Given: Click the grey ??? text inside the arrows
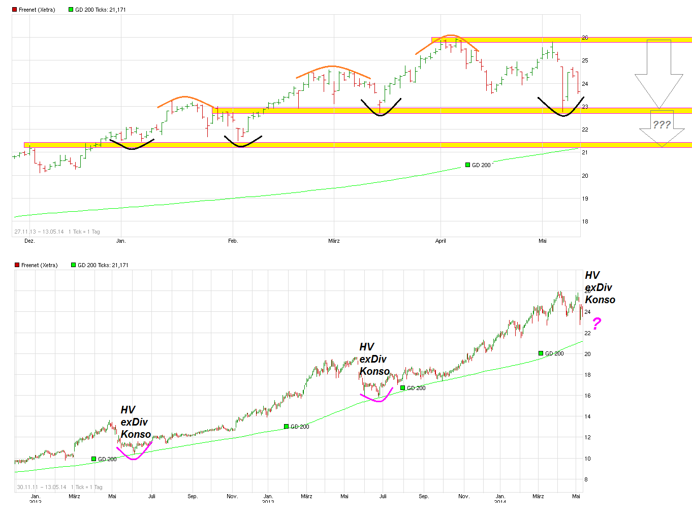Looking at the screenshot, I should pyautogui.click(x=662, y=125).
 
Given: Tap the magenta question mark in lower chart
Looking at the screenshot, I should pyautogui.click(x=597, y=323).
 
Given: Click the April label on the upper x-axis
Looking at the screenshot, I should pyautogui.click(x=441, y=241).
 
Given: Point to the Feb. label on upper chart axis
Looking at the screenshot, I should pyautogui.click(x=233, y=241).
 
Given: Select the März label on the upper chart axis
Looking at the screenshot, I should pyautogui.click(x=334, y=241).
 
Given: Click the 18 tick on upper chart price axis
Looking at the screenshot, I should pyautogui.click(x=585, y=221).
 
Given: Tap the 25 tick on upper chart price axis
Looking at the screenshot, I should pyautogui.click(x=585, y=60).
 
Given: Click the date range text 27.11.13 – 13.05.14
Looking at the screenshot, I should pyautogui.click(x=39, y=232).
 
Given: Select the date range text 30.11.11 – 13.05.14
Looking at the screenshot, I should pyautogui.click(x=42, y=487).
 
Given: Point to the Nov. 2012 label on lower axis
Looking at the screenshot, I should pyautogui.click(x=232, y=496).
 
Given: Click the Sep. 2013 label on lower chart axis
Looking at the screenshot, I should pyautogui.click(x=424, y=496).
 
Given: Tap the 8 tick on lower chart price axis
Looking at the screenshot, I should pyautogui.click(x=586, y=479).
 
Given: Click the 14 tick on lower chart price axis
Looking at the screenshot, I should pyautogui.click(x=587, y=416).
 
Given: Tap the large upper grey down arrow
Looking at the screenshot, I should pyautogui.click(x=658, y=76).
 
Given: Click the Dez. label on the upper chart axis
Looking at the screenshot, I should pyautogui.click(x=29, y=241).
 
